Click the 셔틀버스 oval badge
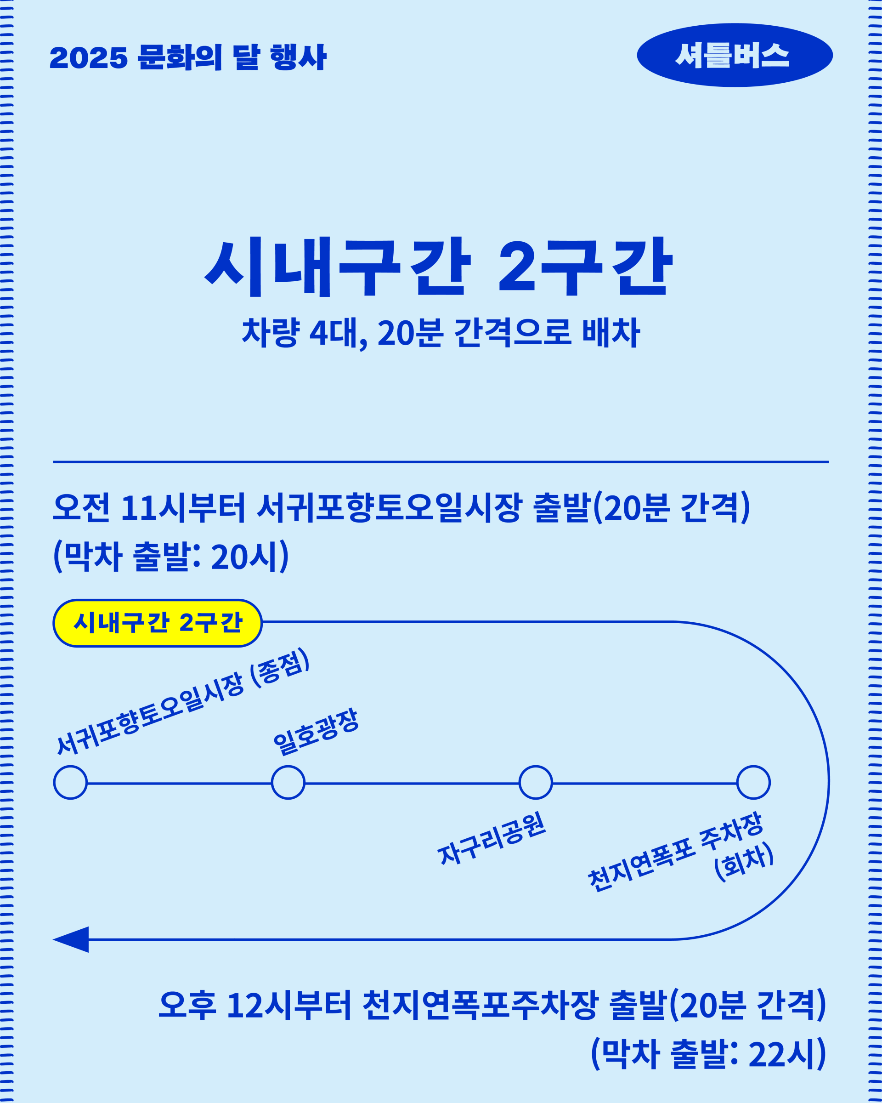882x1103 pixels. [734, 55]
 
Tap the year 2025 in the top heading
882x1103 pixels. [89, 58]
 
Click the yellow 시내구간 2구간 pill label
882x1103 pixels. [158, 623]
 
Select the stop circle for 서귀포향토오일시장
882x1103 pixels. [71, 782]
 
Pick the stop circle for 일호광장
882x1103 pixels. [288, 782]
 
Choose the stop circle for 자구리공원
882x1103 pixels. [535, 782]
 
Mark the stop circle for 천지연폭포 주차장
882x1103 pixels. [753, 782]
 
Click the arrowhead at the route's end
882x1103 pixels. [72, 939]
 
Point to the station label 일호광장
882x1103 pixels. [316, 732]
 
